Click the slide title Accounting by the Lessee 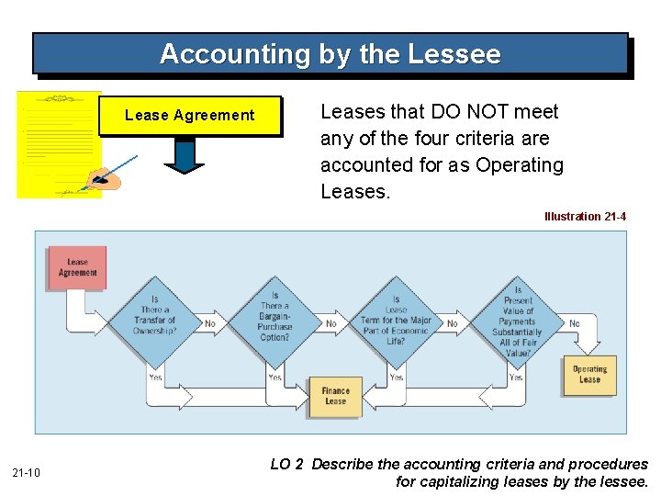[x=330, y=54]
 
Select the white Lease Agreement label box [x=190, y=116]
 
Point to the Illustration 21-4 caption [x=585, y=217]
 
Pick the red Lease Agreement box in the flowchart [x=77, y=266]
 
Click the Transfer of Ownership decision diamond [x=154, y=315]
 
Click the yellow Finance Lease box [x=335, y=396]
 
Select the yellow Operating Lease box [x=589, y=375]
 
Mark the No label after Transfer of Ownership [x=210, y=323]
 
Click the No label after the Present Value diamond [x=575, y=323]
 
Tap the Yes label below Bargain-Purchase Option [x=274, y=378]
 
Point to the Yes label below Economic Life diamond [x=396, y=378]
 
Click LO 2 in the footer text [x=286, y=465]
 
